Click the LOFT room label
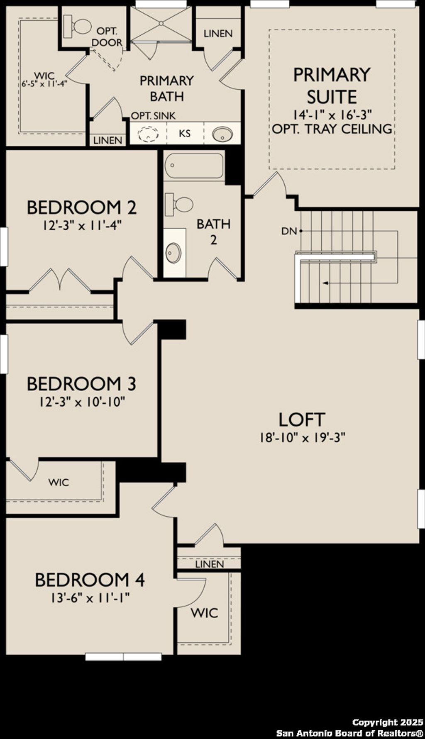pyautogui.click(x=301, y=420)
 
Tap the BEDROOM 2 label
pyautogui.click(x=82, y=207)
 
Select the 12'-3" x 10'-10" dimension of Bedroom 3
pyautogui.click(x=82, y=402)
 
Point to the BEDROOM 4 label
pyautogui.click(x=90, y=580)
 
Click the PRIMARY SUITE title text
pyautogui.click(x=332, y=86)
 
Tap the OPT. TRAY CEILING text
pyautogui.click(x=332, y=129)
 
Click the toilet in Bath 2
pyautogui.click(x=180, y=205)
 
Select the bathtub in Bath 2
pyautogui.click(x=194, y=166)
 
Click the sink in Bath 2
pyautogui.click(x=173, y=252)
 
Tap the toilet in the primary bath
pyautogui.click(x=78, y=26)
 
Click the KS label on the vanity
pyautogui.click(x=185, y=134)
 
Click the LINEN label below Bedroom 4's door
pyautogui.click(x=209, y=564)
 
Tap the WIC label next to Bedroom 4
pyautogui.click(x=204, y=613)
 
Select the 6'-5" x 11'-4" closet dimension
pyautogui.click(x=44, y=83)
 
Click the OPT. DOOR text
pyautogui.click(x=107, y=37)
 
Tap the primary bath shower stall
pyautogui.click(x=161, y=24)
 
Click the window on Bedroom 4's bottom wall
pyautogui.click(x=123, y=657)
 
